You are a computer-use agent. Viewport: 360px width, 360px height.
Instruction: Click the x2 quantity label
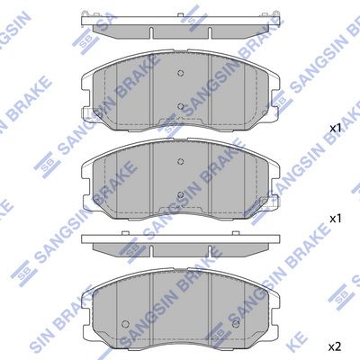[x=335, y=347]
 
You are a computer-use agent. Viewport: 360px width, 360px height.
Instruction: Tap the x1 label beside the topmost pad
[x=336, y=129]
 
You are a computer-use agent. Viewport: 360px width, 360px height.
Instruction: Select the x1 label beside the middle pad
[x=336, y=219]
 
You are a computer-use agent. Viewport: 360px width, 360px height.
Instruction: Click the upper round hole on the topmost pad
[x=180, y=73]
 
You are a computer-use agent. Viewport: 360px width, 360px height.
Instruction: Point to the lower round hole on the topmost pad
[x=180, y=106]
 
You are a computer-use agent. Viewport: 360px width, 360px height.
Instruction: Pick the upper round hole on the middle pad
[x=180, y=162]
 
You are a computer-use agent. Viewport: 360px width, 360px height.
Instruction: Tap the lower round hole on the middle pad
[x=180, y=195]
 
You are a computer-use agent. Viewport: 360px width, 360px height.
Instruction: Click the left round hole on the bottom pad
[x=125, y=324]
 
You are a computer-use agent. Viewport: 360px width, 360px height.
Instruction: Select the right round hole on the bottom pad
[x=236, y=324]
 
